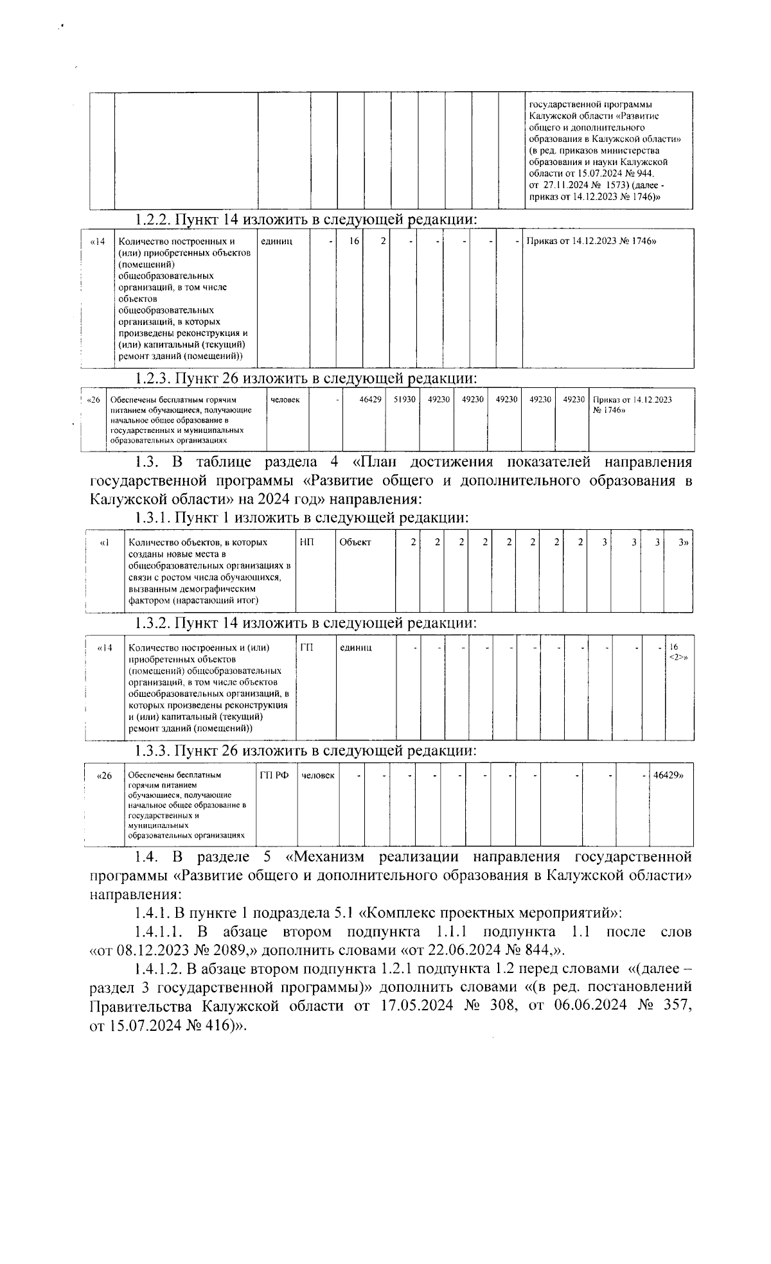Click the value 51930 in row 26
click(405, 399)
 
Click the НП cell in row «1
click(306, 543)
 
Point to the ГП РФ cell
click(274, 776)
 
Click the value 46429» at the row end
click(668, 776)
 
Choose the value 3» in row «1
click(683, 543)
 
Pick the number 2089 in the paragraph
click(221, 951)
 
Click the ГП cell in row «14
click(306, 647)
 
